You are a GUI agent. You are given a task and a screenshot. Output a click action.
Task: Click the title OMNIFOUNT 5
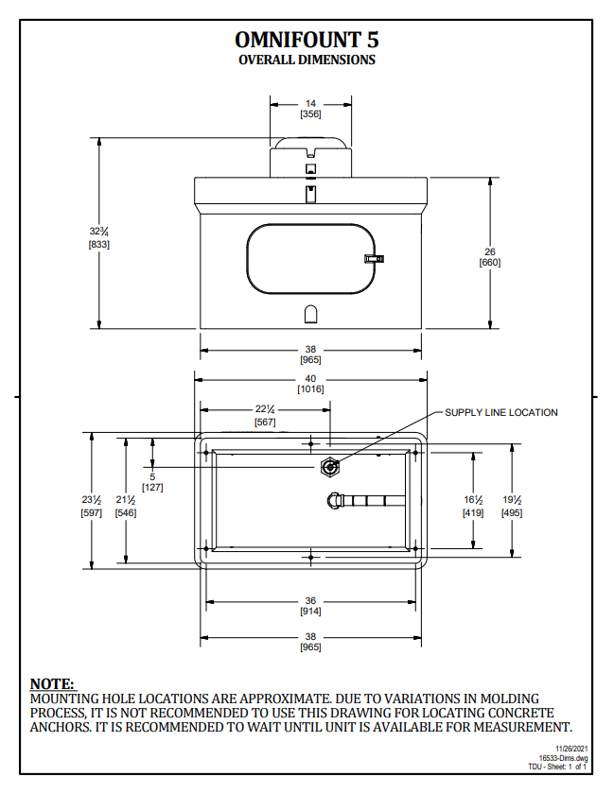tap(307, 40)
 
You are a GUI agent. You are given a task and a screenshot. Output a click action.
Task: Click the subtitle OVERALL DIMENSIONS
tap(307, 60)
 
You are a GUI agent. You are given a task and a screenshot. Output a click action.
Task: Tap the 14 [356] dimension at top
tap(310, 108)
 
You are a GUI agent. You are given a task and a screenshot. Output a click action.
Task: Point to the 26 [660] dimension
tap(489, 256)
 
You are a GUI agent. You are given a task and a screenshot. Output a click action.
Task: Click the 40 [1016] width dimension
tap(310, 384)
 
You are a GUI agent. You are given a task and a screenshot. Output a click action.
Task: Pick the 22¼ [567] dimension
tap(265, 415)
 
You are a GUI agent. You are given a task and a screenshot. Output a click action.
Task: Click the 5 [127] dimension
tap(151, 482)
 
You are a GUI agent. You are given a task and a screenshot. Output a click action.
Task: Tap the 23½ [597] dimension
tap(91, 506)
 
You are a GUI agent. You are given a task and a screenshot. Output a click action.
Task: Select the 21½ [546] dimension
tap(125, 506)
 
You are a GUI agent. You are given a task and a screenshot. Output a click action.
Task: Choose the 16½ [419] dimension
tap(473, 506)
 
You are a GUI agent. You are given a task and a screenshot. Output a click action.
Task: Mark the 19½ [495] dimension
tap(512, 506)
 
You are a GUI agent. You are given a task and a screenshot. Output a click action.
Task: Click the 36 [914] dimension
tap(310, 606)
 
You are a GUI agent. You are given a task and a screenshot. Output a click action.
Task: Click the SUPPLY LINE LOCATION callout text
tap(501, 412)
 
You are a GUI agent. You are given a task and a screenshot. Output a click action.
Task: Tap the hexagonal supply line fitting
tap(329, 466)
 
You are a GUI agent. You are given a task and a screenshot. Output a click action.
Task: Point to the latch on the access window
tap(374, 258)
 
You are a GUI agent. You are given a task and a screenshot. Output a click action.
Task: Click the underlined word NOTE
tap(52, 683)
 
